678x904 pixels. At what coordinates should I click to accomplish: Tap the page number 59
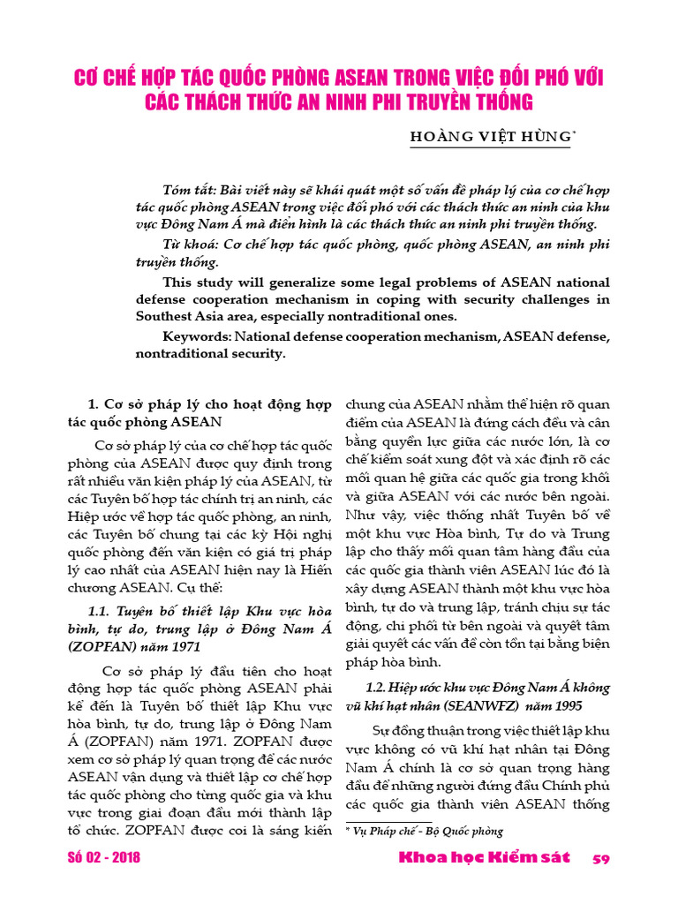coord(601,859)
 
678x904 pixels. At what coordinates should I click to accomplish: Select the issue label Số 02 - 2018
coord(103,858)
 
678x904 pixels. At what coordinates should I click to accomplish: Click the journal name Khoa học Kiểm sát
coord(485,858)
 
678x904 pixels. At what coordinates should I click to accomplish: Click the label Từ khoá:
coord(185,243)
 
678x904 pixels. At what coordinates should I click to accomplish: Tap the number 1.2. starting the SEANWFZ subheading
coord(379,686)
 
